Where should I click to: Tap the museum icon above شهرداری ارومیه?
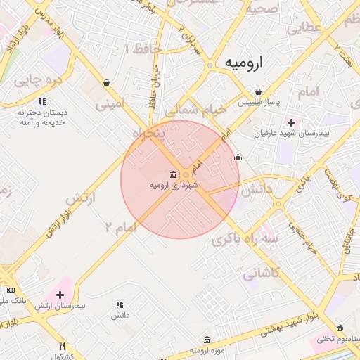click(173, 174)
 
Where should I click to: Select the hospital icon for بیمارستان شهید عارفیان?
click(292, 122)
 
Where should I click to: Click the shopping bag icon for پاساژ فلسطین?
click(259, 92)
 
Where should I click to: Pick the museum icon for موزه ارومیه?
click(207, 339)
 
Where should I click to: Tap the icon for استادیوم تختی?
click(340, 328)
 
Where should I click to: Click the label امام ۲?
click(119, 226)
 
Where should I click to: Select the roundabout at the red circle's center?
click(186, 174)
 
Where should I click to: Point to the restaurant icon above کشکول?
click(63, 346)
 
